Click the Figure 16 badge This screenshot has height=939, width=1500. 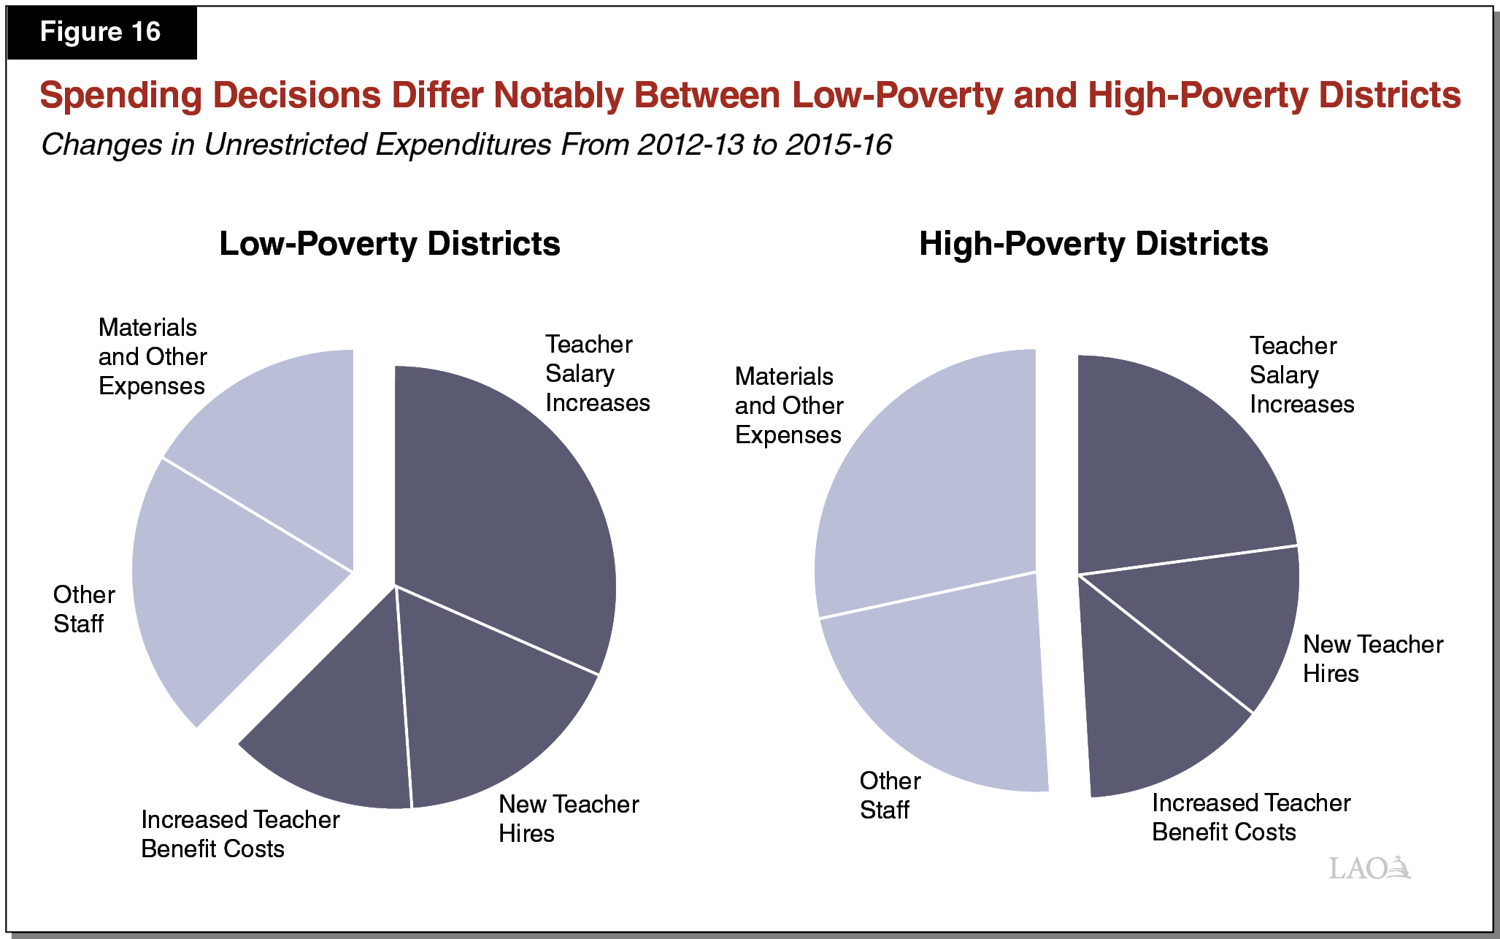(101, 32)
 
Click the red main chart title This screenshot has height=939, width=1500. (750, 96)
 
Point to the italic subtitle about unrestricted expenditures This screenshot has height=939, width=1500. (466, 145)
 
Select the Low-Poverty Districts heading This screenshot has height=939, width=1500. (390, 244)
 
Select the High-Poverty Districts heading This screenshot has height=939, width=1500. (1093, 244)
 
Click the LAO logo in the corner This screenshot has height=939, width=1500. (1369, 868)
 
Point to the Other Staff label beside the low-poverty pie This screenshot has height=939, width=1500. (83, 609)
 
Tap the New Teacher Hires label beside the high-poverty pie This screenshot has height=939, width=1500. (1372, 659)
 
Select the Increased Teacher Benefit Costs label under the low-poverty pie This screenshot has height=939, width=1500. (239, 834)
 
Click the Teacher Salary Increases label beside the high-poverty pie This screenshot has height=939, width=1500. (1301, 375)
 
